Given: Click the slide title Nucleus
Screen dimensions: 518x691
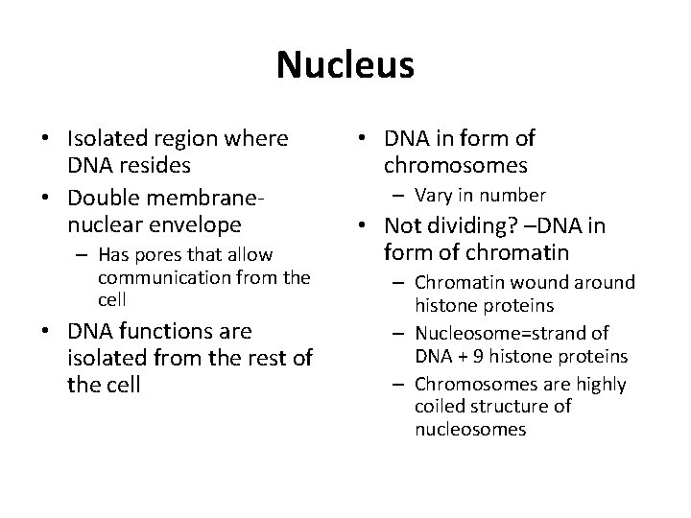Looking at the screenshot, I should (345, 65).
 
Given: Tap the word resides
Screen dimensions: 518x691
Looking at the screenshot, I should (156, 164).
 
